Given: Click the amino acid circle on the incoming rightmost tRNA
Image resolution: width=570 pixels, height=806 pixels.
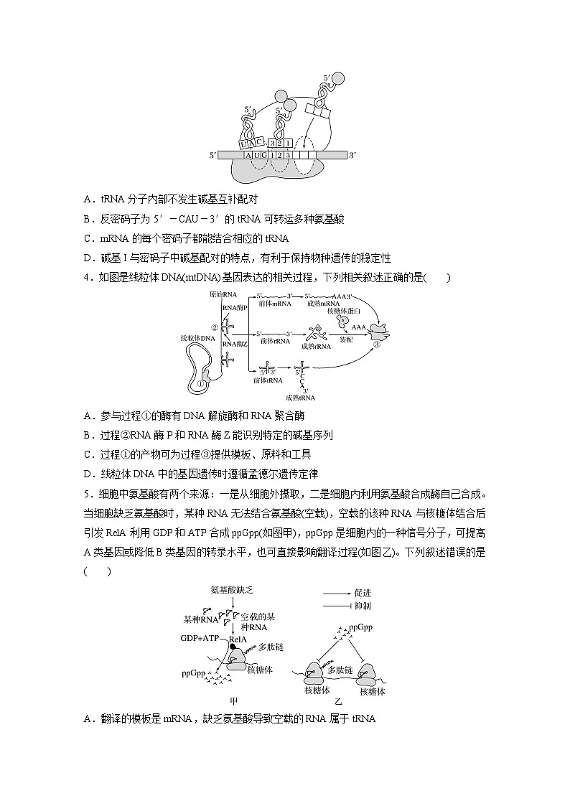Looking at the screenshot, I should (339, 79).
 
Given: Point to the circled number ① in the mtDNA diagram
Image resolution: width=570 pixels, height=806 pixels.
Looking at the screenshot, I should (201, 383).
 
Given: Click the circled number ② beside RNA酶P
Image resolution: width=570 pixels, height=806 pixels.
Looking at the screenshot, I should (213, 327).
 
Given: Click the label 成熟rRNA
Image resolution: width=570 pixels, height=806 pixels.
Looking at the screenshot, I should (317, 346).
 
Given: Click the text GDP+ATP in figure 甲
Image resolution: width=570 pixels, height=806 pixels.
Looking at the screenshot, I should (202, 637).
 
